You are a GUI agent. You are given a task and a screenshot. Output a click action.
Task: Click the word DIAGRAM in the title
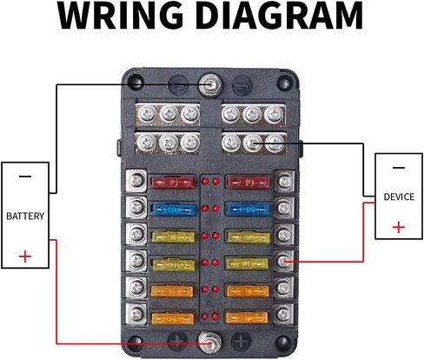click(x=281, y=15)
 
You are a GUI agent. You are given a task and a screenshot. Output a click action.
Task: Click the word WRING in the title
click(x=120, y=15)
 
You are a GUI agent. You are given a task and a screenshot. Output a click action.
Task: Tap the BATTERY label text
click(x=25, y=216)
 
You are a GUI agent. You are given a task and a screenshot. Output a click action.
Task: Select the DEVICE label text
click(x=399, y=197)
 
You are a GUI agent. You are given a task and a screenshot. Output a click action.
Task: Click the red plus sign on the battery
click(x=25, y=257)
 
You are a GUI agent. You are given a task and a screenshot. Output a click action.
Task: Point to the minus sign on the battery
click(x=25, y=177)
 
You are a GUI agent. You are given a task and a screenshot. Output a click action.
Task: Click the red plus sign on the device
click(x=399, y=227)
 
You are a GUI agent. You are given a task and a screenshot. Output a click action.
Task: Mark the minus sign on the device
click(x=399, y=168)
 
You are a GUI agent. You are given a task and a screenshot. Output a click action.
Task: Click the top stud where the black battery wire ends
click(x=210, y=85)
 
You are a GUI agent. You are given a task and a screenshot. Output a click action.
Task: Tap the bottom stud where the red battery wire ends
click(x=209, y=342)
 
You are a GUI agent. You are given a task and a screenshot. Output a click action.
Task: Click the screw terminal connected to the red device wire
click(x=283, y=261)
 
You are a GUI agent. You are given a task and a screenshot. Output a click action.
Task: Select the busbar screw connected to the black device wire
click(x=253, y=143)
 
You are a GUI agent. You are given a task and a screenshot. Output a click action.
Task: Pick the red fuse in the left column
click(x=174, y=183)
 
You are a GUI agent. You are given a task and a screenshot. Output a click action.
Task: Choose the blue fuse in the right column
click(x=248, y=209)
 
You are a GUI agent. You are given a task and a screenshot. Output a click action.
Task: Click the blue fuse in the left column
click(x=174, y=209)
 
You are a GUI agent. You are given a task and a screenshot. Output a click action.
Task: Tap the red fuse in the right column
click(x=248, y=183)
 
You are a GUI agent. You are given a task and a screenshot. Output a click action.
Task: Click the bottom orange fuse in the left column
click(x=173, y=318)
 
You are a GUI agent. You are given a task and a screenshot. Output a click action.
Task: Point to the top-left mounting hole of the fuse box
click(x=135, y=83)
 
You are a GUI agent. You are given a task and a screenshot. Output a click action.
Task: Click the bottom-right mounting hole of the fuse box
click(x=283, y=343)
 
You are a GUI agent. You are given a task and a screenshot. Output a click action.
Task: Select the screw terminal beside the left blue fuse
click(x=136, y=208)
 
